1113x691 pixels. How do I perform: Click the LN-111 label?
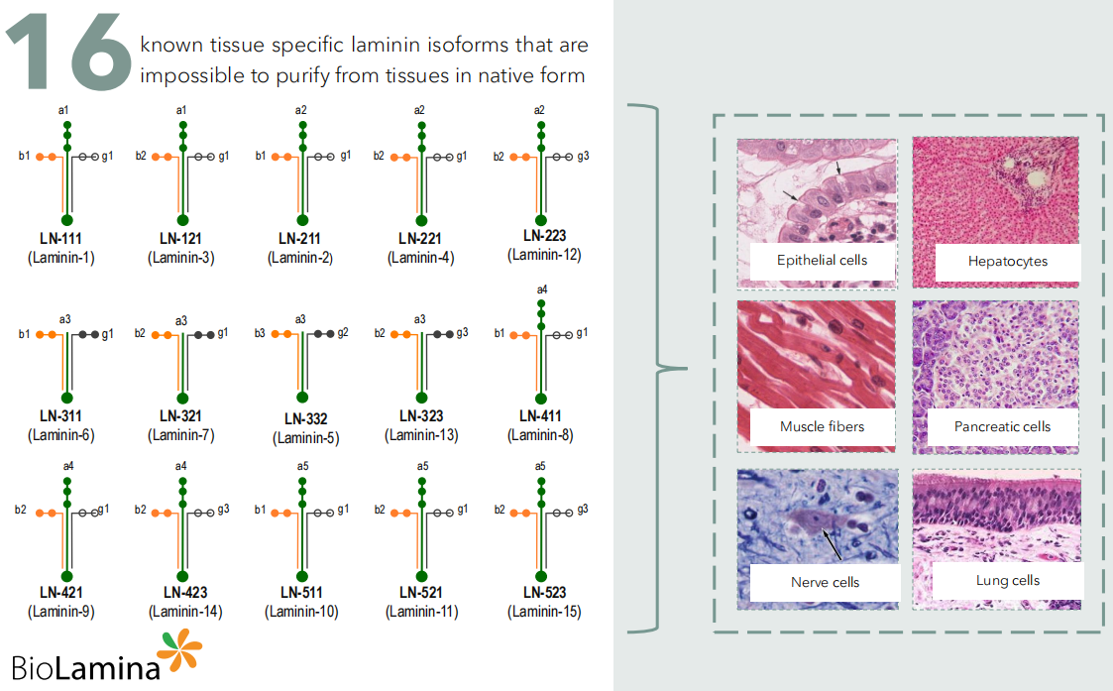[61, 239]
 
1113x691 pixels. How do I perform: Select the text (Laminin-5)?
[305, 437]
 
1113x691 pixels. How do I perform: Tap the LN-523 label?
[544, 593]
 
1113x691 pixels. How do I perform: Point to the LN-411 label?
[540, 416]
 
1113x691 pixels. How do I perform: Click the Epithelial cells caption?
[822, 260]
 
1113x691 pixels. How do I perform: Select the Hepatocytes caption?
[1008, 262]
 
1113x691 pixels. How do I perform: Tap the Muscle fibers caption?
[822, 426]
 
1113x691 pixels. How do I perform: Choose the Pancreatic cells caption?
[1002, 426]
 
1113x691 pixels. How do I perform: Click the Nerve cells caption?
[825, 582]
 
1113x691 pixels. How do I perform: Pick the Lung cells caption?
[1007, 580]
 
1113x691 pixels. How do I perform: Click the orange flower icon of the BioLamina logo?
[180, 649]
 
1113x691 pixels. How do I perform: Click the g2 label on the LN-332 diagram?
[343, 333]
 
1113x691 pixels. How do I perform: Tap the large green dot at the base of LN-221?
[421, 219]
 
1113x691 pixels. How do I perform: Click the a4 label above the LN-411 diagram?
[540, 289]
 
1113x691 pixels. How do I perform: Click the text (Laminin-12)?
[544, 255]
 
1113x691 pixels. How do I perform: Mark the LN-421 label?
[61, 593]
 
